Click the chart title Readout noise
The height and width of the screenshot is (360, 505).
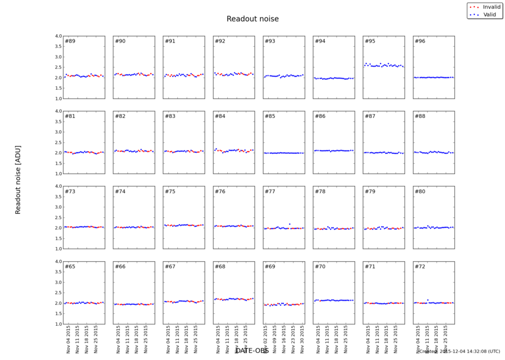tap(252, 19)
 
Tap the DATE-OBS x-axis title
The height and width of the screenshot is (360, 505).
tap(252, 351)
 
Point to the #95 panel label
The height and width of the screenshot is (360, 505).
tap(370, 42)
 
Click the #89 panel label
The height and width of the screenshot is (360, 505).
tap(70, 42)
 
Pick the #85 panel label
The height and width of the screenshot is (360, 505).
tap(270, 116)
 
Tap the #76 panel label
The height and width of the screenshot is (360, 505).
tap(220, 192)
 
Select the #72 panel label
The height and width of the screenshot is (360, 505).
tap(420, 266)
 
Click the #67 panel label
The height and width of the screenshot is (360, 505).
tap(170, 266)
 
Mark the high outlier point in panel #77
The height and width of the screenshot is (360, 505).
tap(290, 224)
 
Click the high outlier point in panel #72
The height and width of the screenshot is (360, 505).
tap(428, 300)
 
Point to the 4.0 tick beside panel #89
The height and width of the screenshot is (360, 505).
tap(58, 37)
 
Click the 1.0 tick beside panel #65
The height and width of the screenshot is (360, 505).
tap(58, 324)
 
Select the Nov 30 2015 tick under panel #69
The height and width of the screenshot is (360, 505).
tap(301, 337)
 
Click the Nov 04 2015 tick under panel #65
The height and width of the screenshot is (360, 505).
tap(68, 337)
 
